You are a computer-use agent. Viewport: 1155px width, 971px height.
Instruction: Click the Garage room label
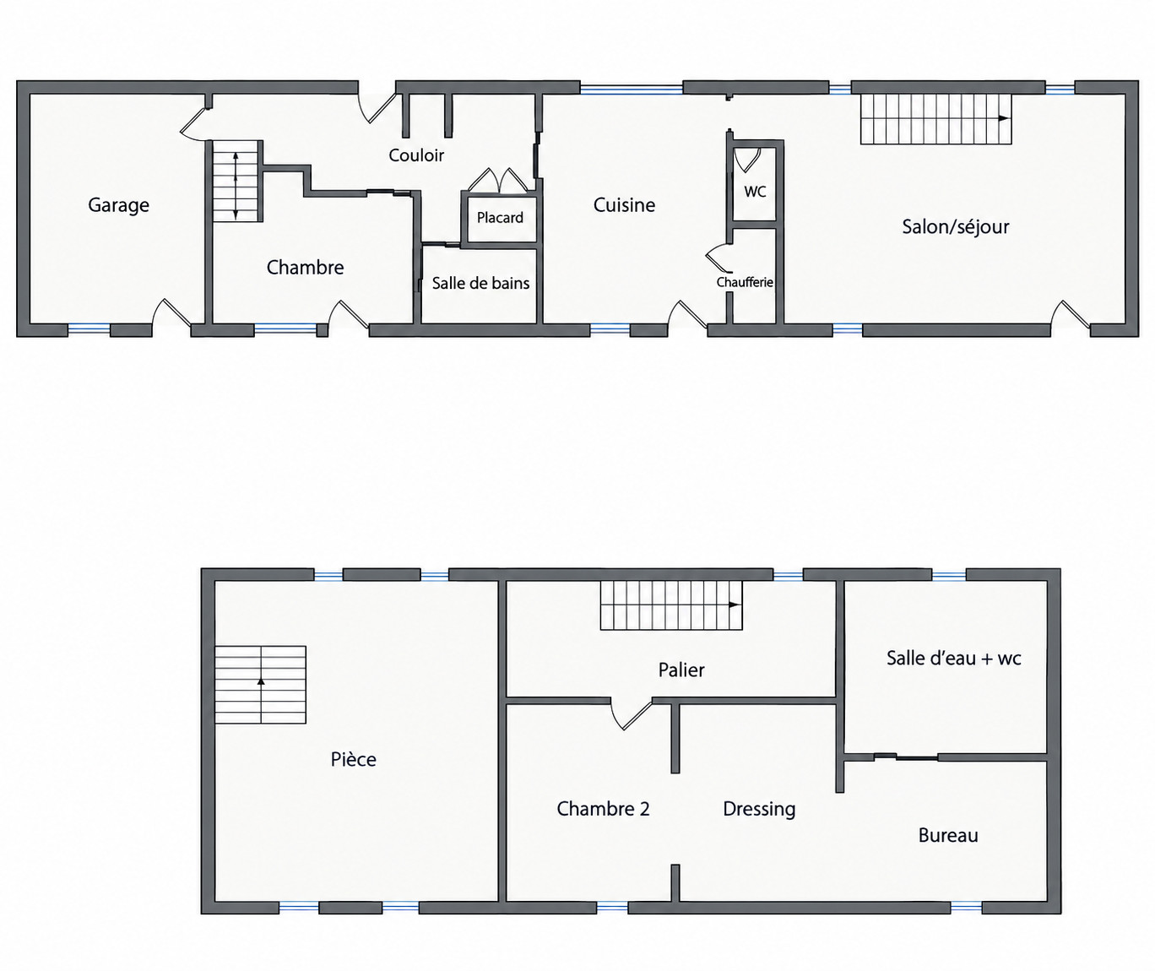coord(118,205)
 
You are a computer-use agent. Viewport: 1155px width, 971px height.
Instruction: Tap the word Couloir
coord(416,155)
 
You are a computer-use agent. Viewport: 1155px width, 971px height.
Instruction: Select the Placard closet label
coord(500,218)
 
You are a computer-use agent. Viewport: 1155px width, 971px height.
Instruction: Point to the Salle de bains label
coord(480,283)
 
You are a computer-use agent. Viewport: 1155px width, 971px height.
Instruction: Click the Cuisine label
coord(624,205)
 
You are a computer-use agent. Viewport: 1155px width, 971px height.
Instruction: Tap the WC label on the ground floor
coord(755,192)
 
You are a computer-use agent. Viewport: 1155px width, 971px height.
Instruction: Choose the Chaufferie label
coord(745,282)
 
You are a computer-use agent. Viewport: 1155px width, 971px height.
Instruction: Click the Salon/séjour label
coord(955,227)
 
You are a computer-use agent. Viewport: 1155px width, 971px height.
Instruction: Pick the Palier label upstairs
coord(681,670)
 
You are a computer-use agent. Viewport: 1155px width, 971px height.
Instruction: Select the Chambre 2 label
coord(603,809)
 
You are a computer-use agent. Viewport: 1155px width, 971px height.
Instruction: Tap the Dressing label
coord(759,810)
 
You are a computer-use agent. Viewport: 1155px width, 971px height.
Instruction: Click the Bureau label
coord(948,835)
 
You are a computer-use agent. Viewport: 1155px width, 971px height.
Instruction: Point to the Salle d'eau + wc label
coord(954,658)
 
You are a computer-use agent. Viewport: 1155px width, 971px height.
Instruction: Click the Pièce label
coord(354,759)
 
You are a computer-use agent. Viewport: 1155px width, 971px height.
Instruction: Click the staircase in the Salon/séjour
coord(936,118)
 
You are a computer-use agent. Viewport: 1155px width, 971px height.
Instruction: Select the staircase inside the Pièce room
coord(261,685)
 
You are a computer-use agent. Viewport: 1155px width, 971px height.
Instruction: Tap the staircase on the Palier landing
coord(671,605)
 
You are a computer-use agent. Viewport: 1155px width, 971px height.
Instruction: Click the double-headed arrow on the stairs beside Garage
coord(236,186)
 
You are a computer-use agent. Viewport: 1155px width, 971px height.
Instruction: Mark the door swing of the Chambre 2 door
coord(632,715)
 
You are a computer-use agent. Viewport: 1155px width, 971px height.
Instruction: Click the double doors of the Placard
coord(498,181)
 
